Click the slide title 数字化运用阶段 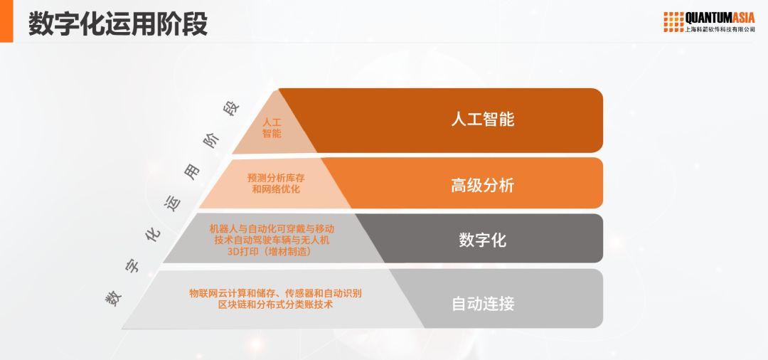click(x=118, y=23)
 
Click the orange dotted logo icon click(x=673, y=21)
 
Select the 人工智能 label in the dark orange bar click(x=482, y=119)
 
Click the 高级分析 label click(x=482, y=186)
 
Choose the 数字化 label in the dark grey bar click(x=482, y=240)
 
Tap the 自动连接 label click(x=482, y=304)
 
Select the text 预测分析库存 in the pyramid click(x=276, y=178)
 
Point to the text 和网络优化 click(x=276, y=189)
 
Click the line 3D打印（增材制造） click(x=272, y=251)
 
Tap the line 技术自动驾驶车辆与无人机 click(x=272, y=240)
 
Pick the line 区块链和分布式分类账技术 click(x=276, y=305)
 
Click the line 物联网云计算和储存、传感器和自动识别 click(x=276, y=293)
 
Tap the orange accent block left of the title click(x=6, y=21)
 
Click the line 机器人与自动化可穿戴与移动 click(x=272, y=229)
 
